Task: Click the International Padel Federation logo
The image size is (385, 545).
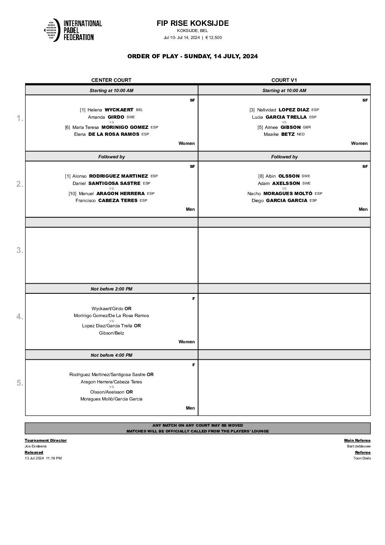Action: click(73, 30)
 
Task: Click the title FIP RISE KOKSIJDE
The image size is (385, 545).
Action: click(192, 23)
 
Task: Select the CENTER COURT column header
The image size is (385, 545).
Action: click(111, 80)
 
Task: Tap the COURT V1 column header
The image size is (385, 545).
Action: click(284, 80)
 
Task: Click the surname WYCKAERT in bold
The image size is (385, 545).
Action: click(119, 110)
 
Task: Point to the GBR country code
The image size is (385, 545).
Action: click(307, 127)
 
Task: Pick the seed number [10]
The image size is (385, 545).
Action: click(72, 194)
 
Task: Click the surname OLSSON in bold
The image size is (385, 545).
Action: click(289, 176)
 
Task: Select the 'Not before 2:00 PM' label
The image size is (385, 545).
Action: click(111, 289)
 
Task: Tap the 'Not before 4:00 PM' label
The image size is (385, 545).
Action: click(111, 355)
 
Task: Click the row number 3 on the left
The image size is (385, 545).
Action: click(20, 250)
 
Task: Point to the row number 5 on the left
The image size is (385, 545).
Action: click(20, 383)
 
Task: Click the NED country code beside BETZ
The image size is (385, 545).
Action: click(301, 134)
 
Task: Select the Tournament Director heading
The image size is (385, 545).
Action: click(46, 441)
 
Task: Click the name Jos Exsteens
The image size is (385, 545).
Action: click(36, 446)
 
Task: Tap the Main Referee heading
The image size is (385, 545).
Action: click(357, 441)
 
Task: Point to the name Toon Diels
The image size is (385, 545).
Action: click(362, 458)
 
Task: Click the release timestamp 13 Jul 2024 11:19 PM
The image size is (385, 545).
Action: click(43, 458)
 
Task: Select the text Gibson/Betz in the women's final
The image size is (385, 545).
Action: click(111, 333)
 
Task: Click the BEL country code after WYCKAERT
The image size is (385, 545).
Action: click(139, 110)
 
